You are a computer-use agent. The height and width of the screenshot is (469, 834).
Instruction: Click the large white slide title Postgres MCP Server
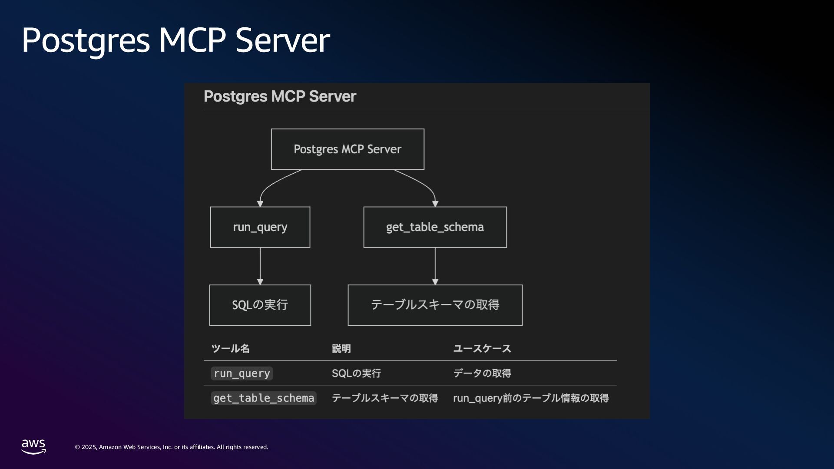[x=175, y=40]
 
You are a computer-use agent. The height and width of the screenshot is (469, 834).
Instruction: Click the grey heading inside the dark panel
[x=280, y=96]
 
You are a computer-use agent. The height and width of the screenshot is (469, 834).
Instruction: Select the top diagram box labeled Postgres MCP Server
[x=347, y=149]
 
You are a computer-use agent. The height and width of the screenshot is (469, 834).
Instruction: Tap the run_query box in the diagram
[x=260, y=227]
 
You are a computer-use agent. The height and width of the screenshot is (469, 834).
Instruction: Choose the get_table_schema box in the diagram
[x=435, y=227]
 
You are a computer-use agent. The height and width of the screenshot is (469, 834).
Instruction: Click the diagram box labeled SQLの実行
[x=260, y=305]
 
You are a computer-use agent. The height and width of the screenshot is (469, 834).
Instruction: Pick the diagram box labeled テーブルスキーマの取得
[x=435, y=305]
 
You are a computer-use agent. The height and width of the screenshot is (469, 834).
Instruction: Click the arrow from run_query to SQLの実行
[x=260, y=266]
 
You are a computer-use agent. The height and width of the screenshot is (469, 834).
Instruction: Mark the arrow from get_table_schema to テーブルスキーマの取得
[x=435, y=266]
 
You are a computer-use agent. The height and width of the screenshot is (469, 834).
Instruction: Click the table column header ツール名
[x=230, y=349]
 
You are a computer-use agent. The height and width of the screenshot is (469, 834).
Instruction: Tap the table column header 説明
[x=341, y=349]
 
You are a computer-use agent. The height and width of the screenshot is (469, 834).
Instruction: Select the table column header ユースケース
[x=482, y=349]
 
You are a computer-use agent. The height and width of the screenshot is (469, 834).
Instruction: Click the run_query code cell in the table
[x=242, y=373]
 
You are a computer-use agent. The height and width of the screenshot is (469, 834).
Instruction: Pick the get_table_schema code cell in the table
[x=264, y=398]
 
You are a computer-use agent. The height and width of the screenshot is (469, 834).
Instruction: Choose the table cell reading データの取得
[x=482, y=373]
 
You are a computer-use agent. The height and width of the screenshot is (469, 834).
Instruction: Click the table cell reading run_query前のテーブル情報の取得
[x=530, y=398]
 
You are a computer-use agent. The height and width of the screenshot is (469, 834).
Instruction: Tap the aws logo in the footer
[x=33, y=446]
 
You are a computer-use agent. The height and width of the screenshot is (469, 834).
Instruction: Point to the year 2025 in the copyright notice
[x=89, y=447]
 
